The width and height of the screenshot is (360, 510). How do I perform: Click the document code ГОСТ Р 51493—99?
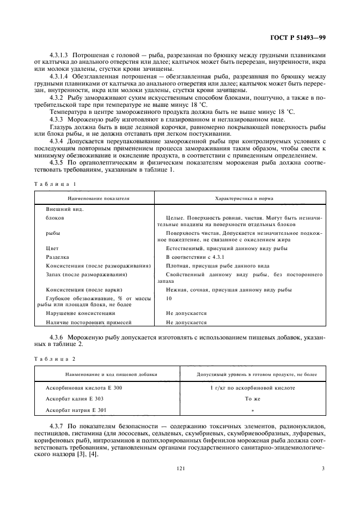(x=301, y=38)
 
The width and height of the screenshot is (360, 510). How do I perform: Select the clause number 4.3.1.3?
(x=60, y=54)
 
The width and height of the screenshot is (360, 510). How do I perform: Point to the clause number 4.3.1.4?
(x=60, y=77)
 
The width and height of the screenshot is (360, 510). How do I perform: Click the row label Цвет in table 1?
(x=52, y=247)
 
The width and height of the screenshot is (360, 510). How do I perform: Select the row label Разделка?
(x=57, y=256)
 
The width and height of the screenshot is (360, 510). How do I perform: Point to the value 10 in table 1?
(x=169, y=299)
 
